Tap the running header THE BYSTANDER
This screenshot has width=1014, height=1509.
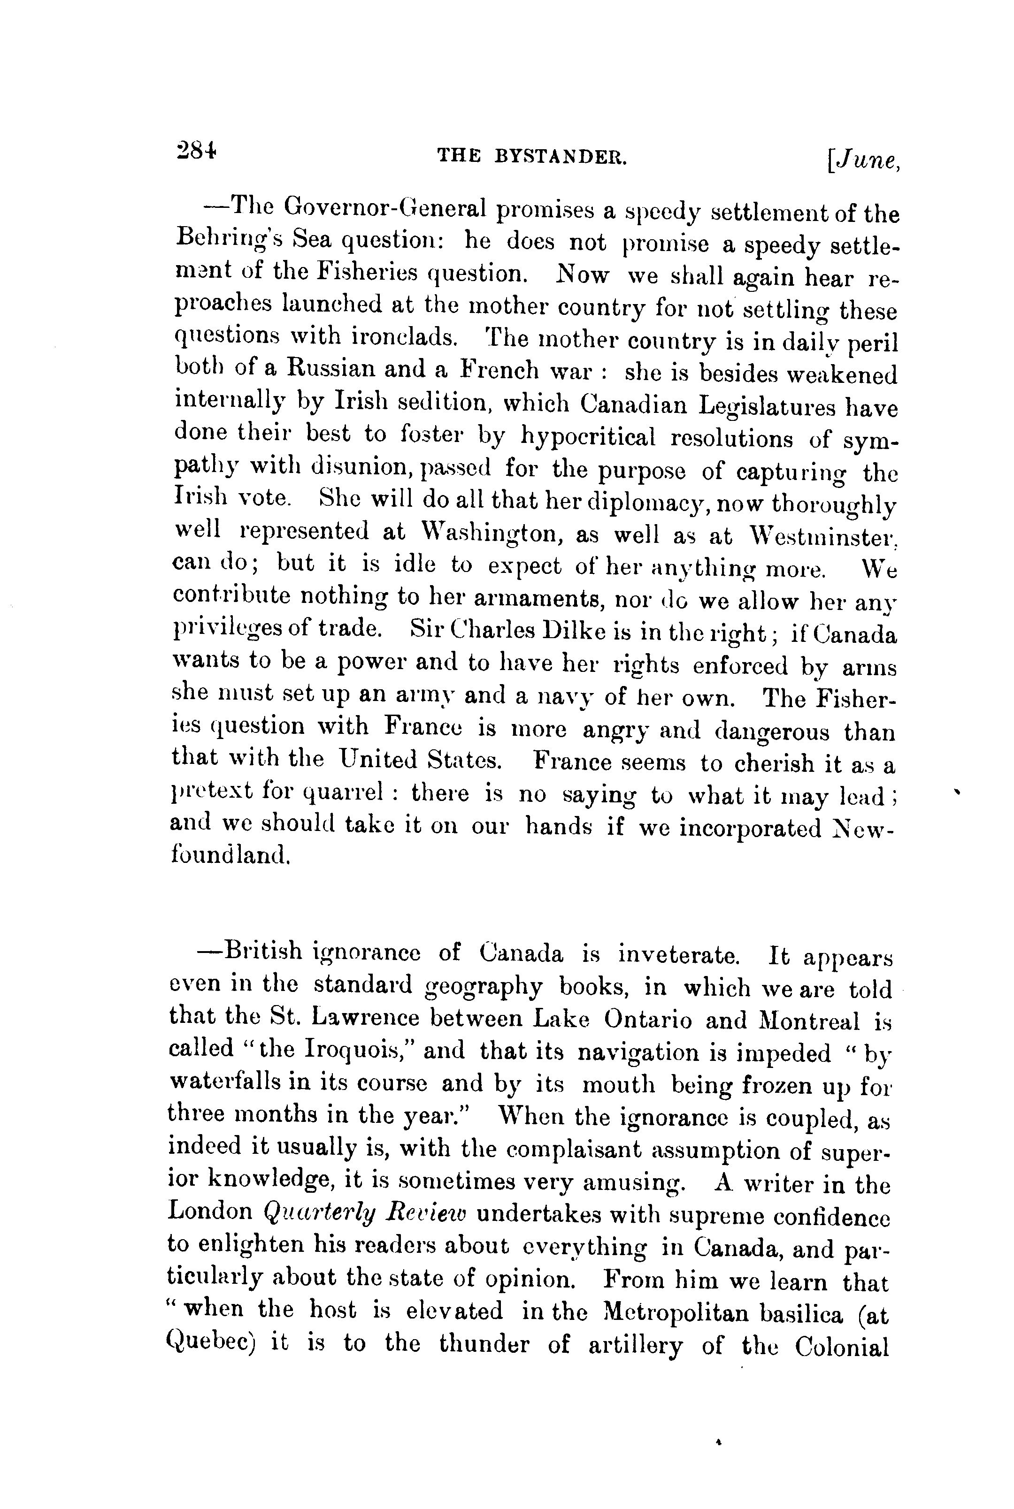click(x=532, y=156)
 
